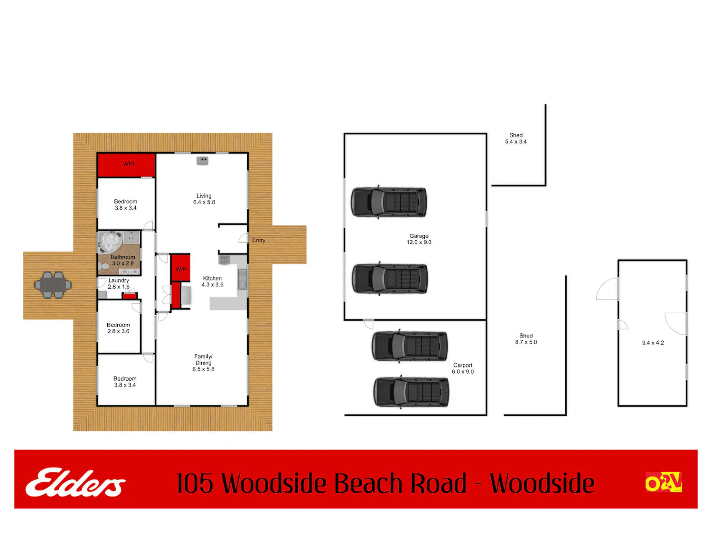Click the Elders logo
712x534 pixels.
(x=75, y=482)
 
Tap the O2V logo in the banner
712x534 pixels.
(x=663, y=482)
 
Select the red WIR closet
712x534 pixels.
(x=126, y=165)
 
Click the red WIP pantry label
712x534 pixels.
(x=181, y=269)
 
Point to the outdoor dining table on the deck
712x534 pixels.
(x=53, y=285)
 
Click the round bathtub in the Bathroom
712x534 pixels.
(x=110, y=242)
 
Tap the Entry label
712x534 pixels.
(x=259, y=240)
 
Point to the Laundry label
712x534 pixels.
(x=118, y=280)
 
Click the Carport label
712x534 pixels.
(x=462, y=365)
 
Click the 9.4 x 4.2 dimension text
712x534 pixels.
(x=653, y=343)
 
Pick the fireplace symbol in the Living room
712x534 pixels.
(x=202, y=160)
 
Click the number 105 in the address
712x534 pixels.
(x=195, y=483)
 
